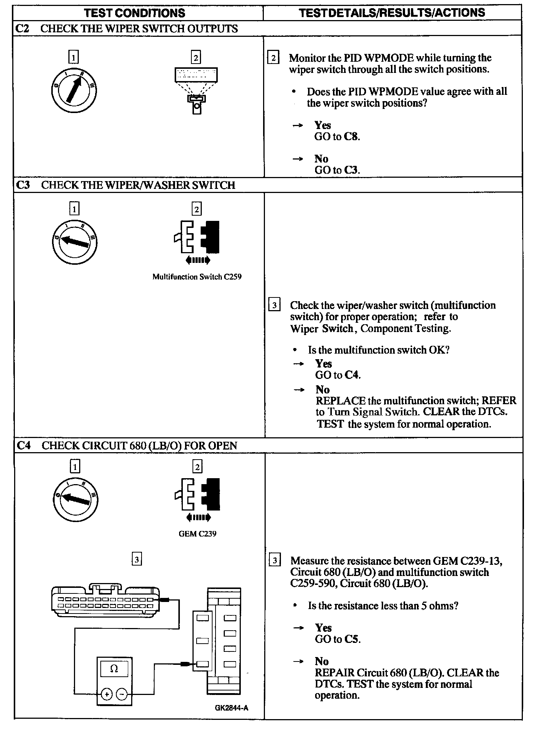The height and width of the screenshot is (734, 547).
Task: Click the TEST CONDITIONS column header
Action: pos(135,13)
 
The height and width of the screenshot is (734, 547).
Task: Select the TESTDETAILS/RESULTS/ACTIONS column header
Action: pos(392,13)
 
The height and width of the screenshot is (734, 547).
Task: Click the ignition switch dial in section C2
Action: pos(74,90)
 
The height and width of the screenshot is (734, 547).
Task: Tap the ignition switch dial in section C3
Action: pos(74,242)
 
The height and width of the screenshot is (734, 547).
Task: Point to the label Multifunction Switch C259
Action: pos(197,277)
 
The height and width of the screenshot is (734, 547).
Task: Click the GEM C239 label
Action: pos(197,534)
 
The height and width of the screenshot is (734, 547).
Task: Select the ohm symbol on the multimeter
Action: pos(114,669)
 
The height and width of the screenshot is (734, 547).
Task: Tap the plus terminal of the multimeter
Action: pos(107,694)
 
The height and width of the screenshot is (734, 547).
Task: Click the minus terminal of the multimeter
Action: pos(122,694)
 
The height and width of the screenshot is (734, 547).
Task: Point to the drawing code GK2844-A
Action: pos(232,708)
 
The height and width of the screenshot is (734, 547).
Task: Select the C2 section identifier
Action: pos(23,29)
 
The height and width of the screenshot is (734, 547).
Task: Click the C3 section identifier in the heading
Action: pos(23,185)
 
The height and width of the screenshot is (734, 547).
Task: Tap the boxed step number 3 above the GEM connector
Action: pos(137,559)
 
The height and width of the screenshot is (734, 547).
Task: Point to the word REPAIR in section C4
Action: pos(334,673)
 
